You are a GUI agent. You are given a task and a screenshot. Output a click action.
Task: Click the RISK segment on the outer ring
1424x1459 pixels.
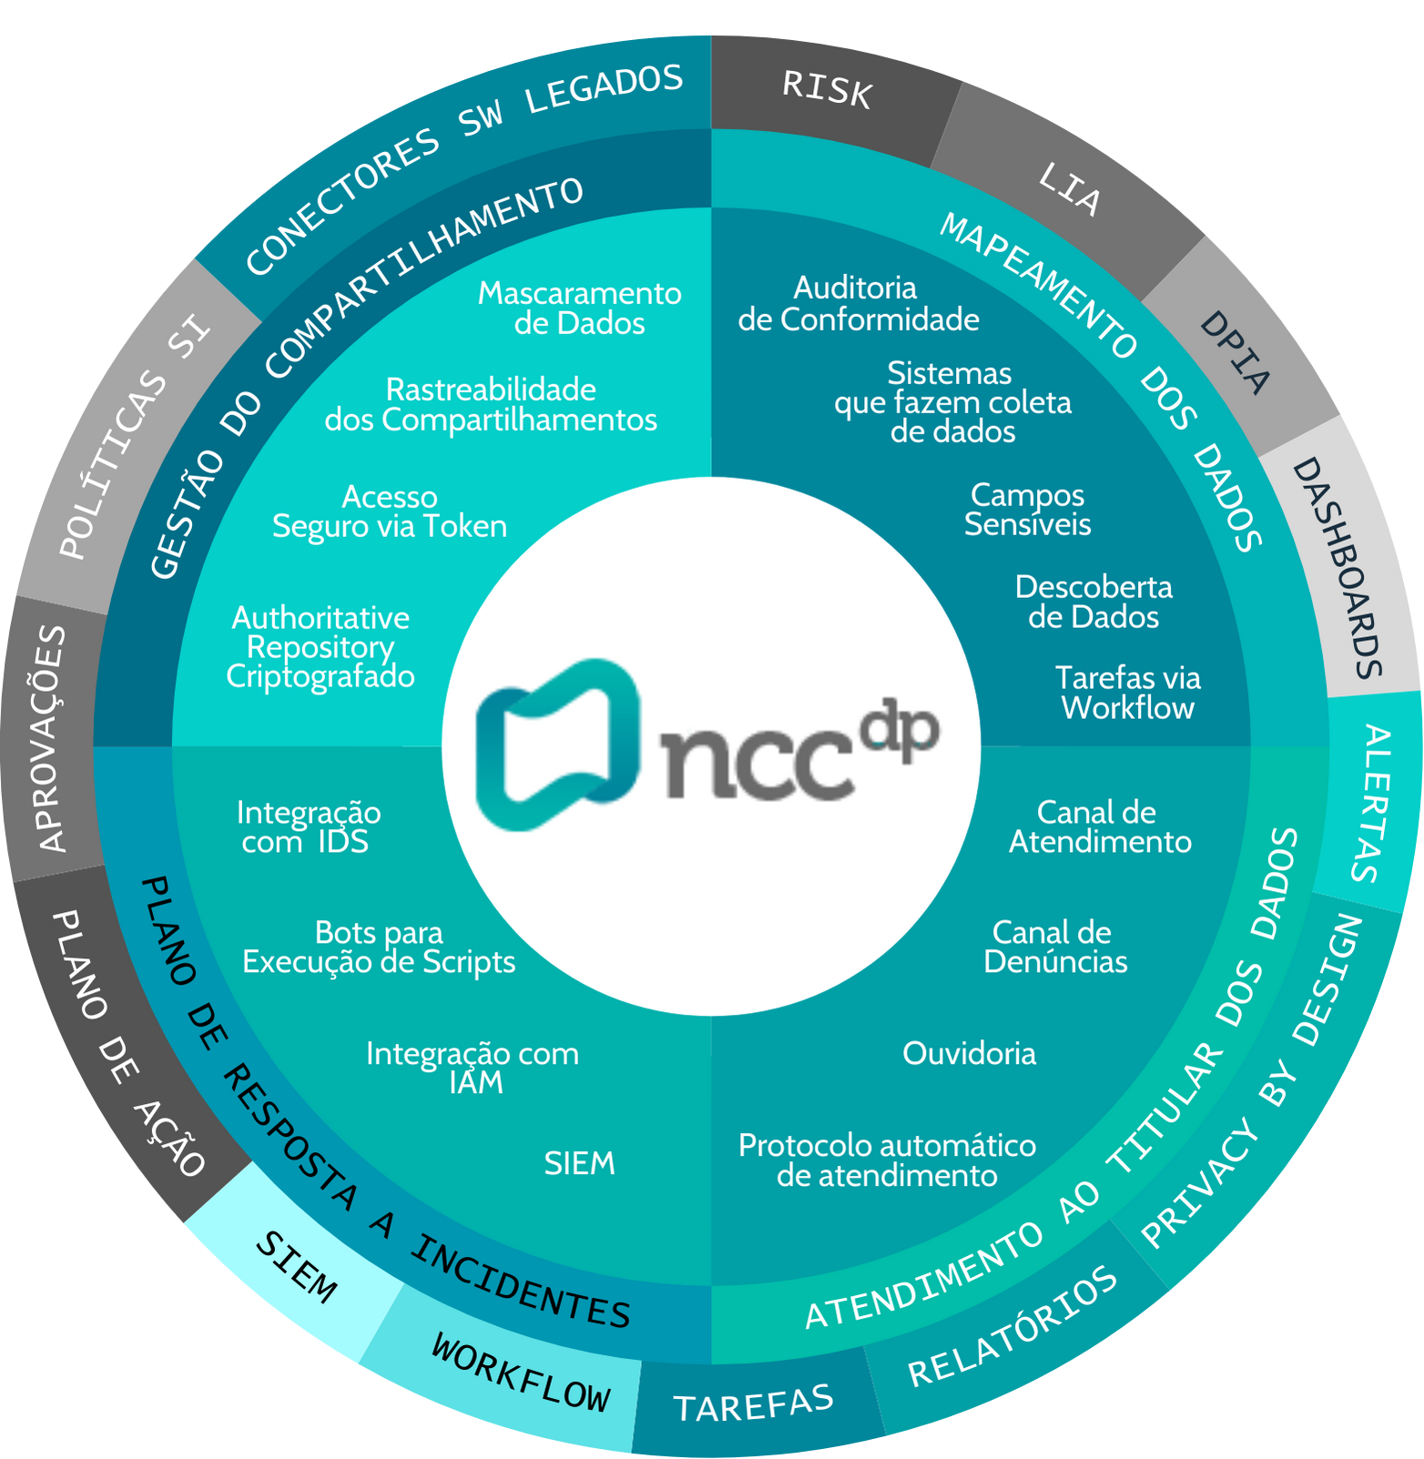tap(827, 90)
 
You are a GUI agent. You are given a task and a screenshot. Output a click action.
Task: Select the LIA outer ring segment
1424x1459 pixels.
tap(1069, 189)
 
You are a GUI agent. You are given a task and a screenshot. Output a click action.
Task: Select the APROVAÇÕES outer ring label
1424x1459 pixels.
tap(52, 737)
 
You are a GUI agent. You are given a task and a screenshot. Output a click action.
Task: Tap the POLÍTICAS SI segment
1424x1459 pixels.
tap(135, 437)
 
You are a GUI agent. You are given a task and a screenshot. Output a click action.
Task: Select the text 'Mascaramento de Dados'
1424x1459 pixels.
tap(580, 309)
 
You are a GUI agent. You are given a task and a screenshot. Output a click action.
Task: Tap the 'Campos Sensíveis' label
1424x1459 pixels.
tap(1027, 510)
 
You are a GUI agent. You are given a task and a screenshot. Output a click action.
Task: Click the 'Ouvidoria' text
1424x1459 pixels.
tap(969, 1053)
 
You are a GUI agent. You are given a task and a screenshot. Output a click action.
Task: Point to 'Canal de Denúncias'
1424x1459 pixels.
tap(1054, 947)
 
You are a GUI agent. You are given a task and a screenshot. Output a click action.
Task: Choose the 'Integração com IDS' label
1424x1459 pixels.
tap(308, 826)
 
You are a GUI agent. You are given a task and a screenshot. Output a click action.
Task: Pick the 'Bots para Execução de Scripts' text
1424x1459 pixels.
tap(379, 947)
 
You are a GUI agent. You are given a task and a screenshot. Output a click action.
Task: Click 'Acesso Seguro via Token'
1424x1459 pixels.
tap(390, 512)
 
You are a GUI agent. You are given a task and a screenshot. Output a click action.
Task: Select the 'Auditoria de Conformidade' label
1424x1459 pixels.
tap(858, 304)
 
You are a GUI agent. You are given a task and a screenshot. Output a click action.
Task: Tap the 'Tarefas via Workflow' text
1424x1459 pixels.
tap(1127, 693)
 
